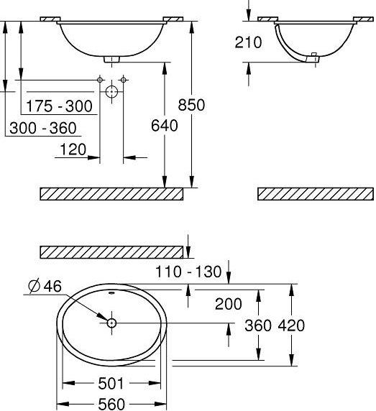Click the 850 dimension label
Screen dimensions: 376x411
tap(191, 105)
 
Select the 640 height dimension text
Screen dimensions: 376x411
tap(165, 125)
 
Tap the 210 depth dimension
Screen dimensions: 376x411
tap(248, 42)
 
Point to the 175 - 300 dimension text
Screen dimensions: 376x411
tap(59, 106)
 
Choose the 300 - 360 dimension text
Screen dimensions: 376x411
tap(43, 128)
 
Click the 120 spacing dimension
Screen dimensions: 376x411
tap(73, 149)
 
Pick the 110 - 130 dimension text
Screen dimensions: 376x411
tap(188, 272)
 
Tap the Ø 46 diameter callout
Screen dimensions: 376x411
tap(45, 286)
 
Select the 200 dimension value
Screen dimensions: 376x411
tap(228, 304)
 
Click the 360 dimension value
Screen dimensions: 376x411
tap(258, 325)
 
